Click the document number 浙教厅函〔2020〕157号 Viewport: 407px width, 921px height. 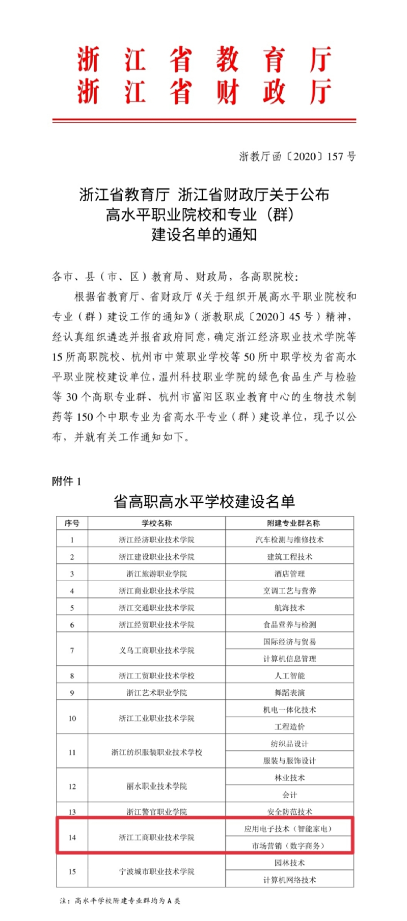pyautogui.click(x=297, y=156)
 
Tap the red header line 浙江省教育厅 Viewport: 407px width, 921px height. pyautogui.click(x=204, y=60)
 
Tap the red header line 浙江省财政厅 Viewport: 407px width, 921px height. pyautogui.click(x=204, y=92)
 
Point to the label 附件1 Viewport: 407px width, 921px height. pyautogui.click(x=66, y=481)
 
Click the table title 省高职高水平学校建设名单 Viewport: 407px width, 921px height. pyautogui.click(x=204, y=502)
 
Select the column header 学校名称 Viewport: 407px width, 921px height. pyautogui.click(x=156, y=523)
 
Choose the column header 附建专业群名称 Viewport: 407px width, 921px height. pyautogui.click(x=289, y=523)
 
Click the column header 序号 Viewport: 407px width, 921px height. pyautogui.click(x=72, y=523)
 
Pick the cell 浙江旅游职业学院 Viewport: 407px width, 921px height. pyautogui.click(x=156, y=574)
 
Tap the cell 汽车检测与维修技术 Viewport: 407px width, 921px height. pyautogui.click(x=289, y=539)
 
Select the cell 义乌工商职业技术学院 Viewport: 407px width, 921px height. pyautogui.click(x=156, y=650)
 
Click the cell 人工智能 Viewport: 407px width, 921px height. pyautogui.click(x=289, y=675)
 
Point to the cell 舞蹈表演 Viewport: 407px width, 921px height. pyautogui.click(x=289, y=693)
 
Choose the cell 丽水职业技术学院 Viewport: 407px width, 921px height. pyautogui.click(x=156, y=786)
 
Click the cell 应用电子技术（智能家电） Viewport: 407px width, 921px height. pyautogui.click(x=289, y=829)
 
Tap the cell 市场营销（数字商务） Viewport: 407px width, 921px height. pyautogui.click(x=289, y=846)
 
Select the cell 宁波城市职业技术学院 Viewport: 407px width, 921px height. pyautogui.click(x=156, y=872)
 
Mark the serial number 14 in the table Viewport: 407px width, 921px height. pyautogui.click(x=72, y=837)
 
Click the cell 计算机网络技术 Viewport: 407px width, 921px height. pyautogui.click(x=289, y=880)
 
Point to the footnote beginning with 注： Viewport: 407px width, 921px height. pyautogui.click(x=120, y=901)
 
